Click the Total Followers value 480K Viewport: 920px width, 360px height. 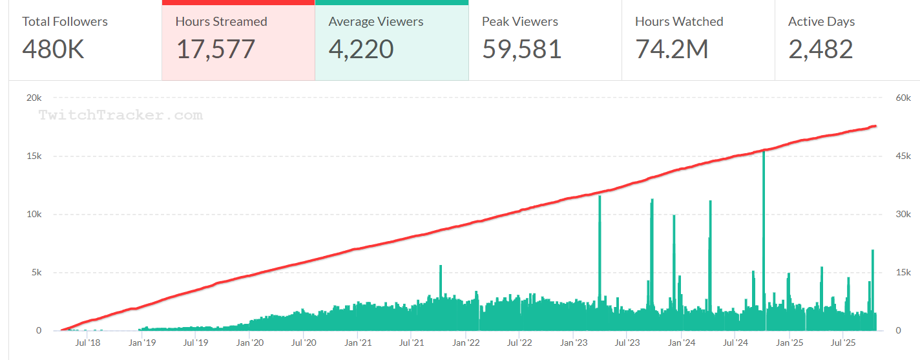(x=54, y=49)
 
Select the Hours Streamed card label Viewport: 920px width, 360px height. (x=221, y=21)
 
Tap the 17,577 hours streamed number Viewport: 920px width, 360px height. (x=216, y=49)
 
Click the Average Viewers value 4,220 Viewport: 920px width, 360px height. (x=361, y=49)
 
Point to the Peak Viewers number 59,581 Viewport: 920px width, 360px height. (x=522, y=49)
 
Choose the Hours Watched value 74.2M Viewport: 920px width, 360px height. (x=672, y=49)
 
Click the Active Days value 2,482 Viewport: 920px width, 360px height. (x=821, y=49)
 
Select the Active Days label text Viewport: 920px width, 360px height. (x=821, y=21)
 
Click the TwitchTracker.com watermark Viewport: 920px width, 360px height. (x=120, y=116)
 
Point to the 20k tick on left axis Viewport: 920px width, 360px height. (x=34, y=98)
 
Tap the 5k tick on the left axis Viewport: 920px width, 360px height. (x=36, y=272)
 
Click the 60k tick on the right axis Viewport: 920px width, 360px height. (x=903, y=98)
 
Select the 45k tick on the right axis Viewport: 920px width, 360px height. (x=903, y=156)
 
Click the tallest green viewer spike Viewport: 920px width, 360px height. (x=764, y=194)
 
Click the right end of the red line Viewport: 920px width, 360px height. (x=875, y=126)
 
